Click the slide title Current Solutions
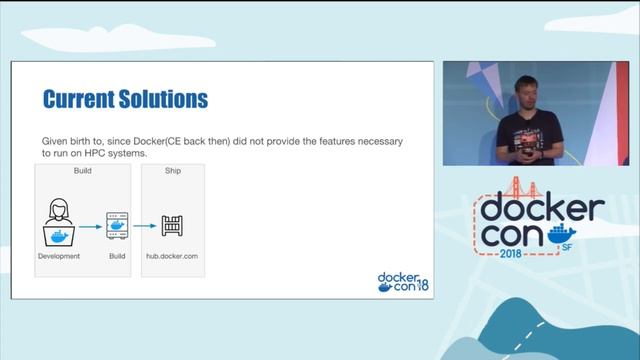pos(125,99)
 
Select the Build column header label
pos(83,170)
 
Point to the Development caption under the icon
pos(59,257)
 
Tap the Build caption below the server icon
pos(118,257)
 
